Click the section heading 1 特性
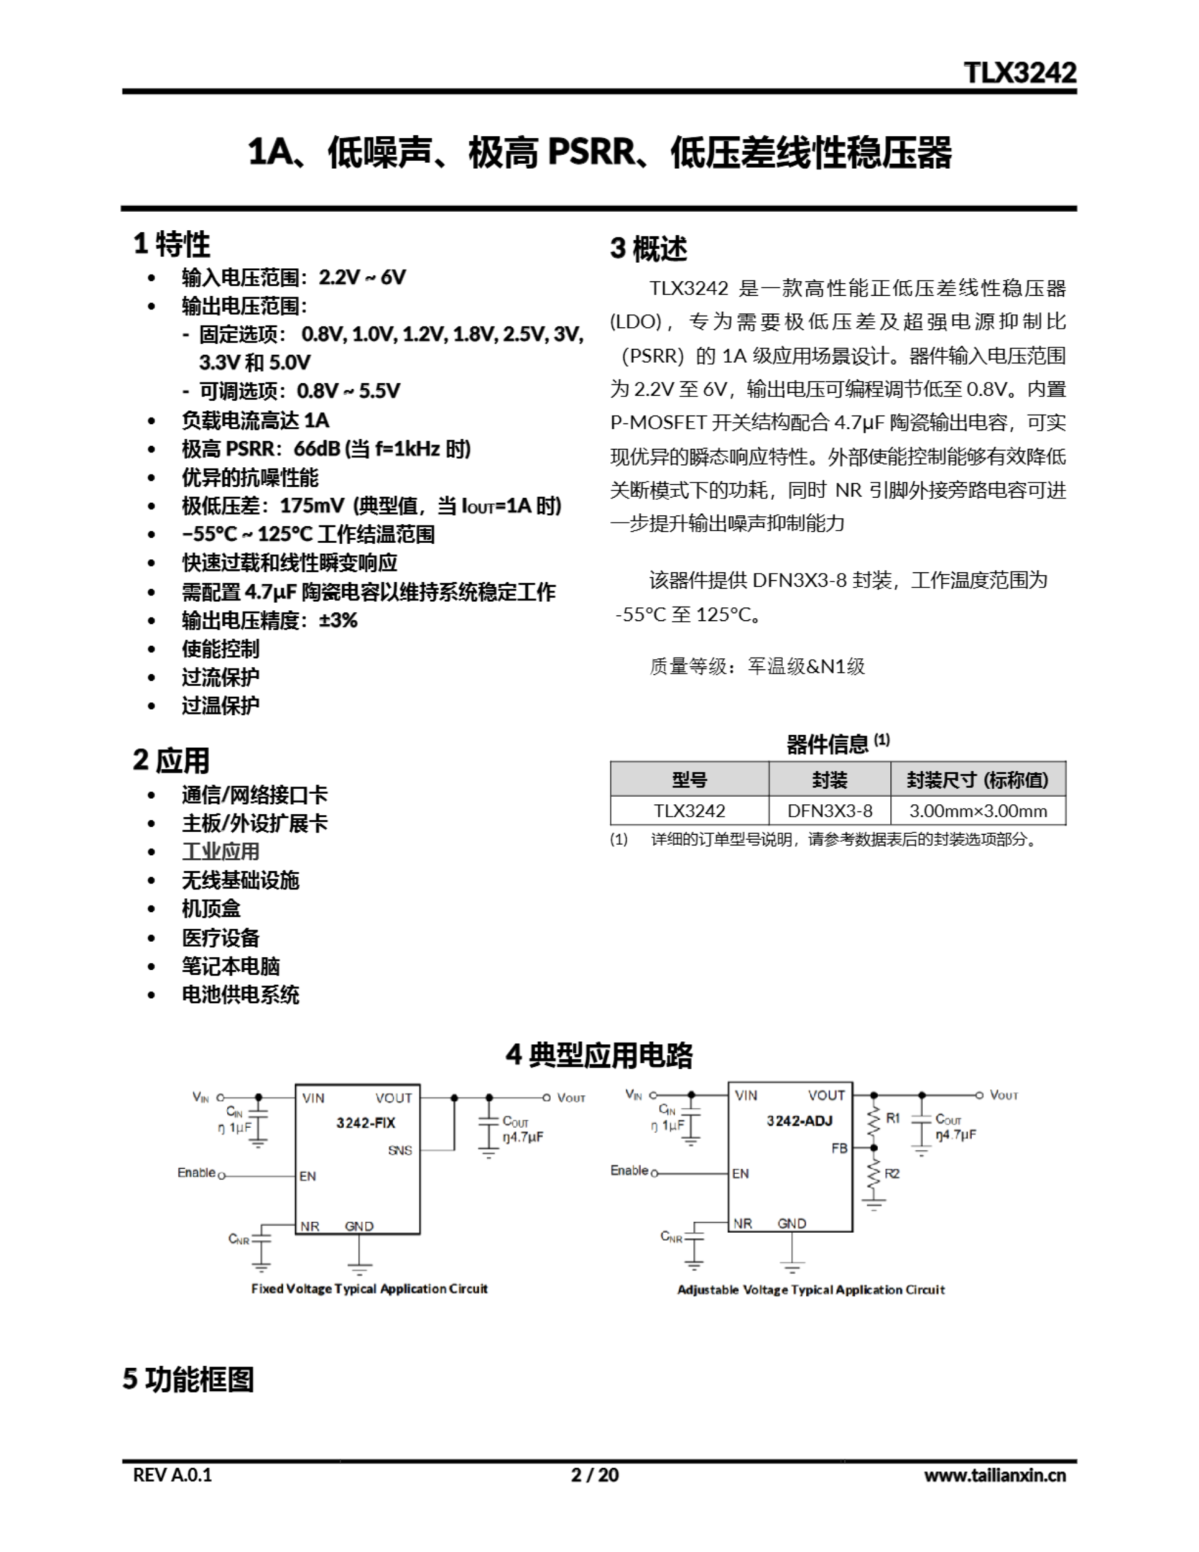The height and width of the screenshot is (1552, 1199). (172, 244)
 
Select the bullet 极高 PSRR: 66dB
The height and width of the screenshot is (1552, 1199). (326, 449)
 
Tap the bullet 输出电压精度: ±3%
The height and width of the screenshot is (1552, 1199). (269, 620)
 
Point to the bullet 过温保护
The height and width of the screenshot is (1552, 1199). (220, 706)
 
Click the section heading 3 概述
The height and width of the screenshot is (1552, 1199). (648, 249)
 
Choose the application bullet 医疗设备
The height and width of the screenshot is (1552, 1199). (220, 937)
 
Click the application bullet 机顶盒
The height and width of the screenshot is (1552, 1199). (211, 908)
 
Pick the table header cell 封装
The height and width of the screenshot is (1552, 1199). (829, 780)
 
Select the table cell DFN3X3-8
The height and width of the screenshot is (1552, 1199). (829, 811)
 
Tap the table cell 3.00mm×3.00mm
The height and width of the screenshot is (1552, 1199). (978, 811)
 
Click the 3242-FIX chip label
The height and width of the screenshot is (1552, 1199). (366, 1123)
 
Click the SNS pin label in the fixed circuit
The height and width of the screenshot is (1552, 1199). (400, 1151)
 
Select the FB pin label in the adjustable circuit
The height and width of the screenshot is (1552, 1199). (840, 1148)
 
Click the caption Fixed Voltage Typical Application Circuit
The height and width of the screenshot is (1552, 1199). (369, 1288)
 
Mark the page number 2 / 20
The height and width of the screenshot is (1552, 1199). (595, 1475)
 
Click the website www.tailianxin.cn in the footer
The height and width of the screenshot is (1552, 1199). (994, 1475)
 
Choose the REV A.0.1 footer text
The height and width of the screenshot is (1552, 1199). (173, 1475)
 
